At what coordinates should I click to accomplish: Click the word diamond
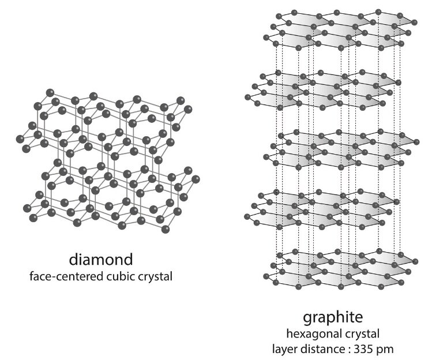click(x=100, y=257)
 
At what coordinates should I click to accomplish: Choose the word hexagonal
click(x=317, y=335)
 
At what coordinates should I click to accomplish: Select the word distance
click(x=325, y=348)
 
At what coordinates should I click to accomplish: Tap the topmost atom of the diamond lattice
click(x=50, y=92)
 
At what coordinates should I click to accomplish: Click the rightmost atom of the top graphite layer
click(x=414, y=22)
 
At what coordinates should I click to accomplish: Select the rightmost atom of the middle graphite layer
click(x=414, y=141)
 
